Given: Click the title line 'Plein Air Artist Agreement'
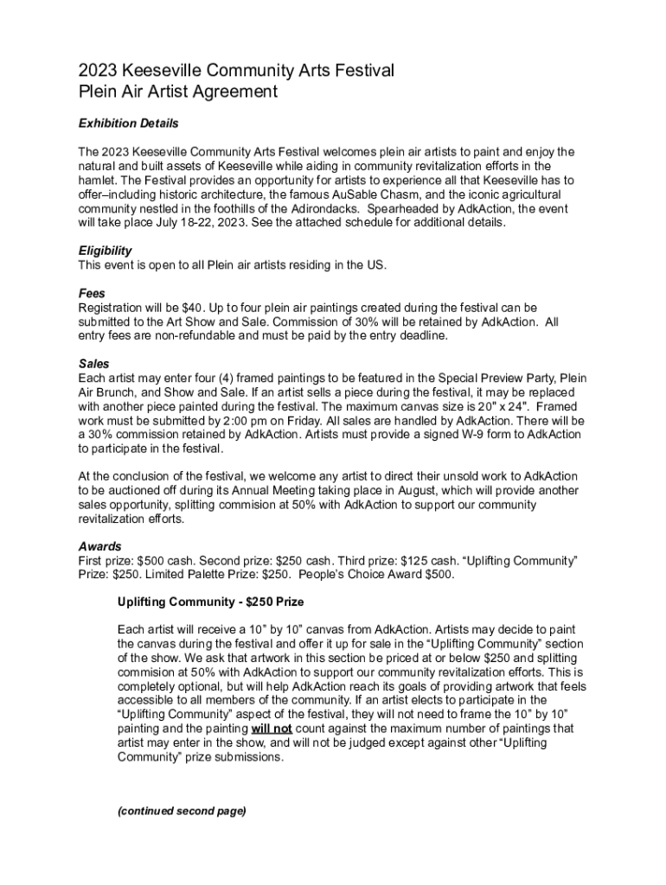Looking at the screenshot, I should (x=177, y=91).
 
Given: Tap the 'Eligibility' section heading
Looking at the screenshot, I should (x=105, y=251).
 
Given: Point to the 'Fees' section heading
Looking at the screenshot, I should (x=92, y=294).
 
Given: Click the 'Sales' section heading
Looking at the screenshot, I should (x=93, y=364).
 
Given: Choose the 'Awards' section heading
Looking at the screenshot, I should (x=99, y=547).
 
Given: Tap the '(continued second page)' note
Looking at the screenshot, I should (x=182, y=811).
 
